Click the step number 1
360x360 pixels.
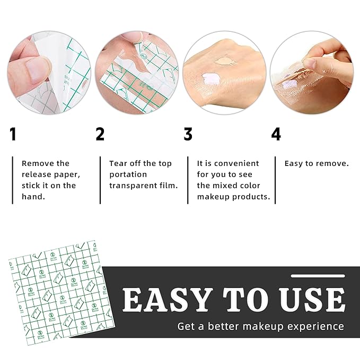[13, 135]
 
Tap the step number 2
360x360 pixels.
[100, 135]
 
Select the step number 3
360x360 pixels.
[188, 135]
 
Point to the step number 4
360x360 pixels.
[276, 135]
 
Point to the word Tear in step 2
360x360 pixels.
[118, 163]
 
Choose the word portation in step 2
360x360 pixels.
[128, 174]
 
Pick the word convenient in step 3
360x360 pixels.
[235, 163]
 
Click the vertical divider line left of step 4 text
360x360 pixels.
[275, 180]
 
